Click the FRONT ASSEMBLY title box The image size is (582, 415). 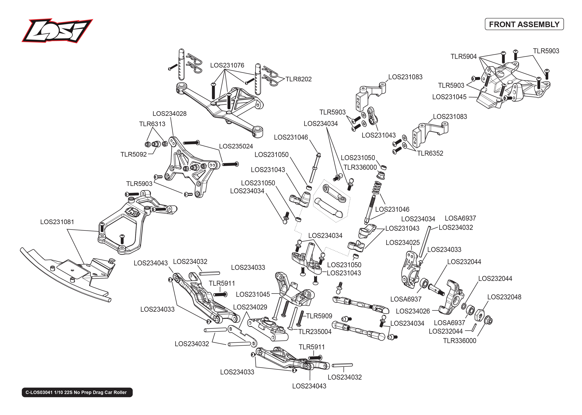pyautogui.click(x=524, y=24)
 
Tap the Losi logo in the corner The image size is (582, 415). pyautogui.click(x=57, y=31)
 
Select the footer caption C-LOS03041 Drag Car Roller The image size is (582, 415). pyautogui.click(x=77, y=392)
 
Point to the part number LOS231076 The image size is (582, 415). pyautogui.click(x=227, y=65)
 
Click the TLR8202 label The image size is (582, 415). pyautogui.click(x=298, y=79)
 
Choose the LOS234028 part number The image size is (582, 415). pyautogui.click(x=169, y=114)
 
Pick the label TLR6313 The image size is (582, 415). pyautogui.click(x=152, y=124)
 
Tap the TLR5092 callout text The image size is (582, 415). pyautogui.click(x=134, y=154)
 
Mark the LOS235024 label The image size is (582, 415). pyautogui.click(x=236, y=146)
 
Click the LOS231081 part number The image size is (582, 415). pyautogui.click(x=57, y=222)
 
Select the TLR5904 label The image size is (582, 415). pyautogui.click(x=464, y=56)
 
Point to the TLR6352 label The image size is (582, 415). pyautogui.click(x=430, y=153)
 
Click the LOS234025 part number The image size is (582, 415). pyautogui.click(x=403, y=243)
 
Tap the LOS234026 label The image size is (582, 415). pyautogui.click(x=413, y=311)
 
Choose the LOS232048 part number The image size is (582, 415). pyautogui.click(x=504, y=297)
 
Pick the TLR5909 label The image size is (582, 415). pyautogui.click(x=319, y=316)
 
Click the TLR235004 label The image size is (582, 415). pyautogui.click(x=315, y=332)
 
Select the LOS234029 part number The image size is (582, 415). pyautogui.click(x=250, y=307)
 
